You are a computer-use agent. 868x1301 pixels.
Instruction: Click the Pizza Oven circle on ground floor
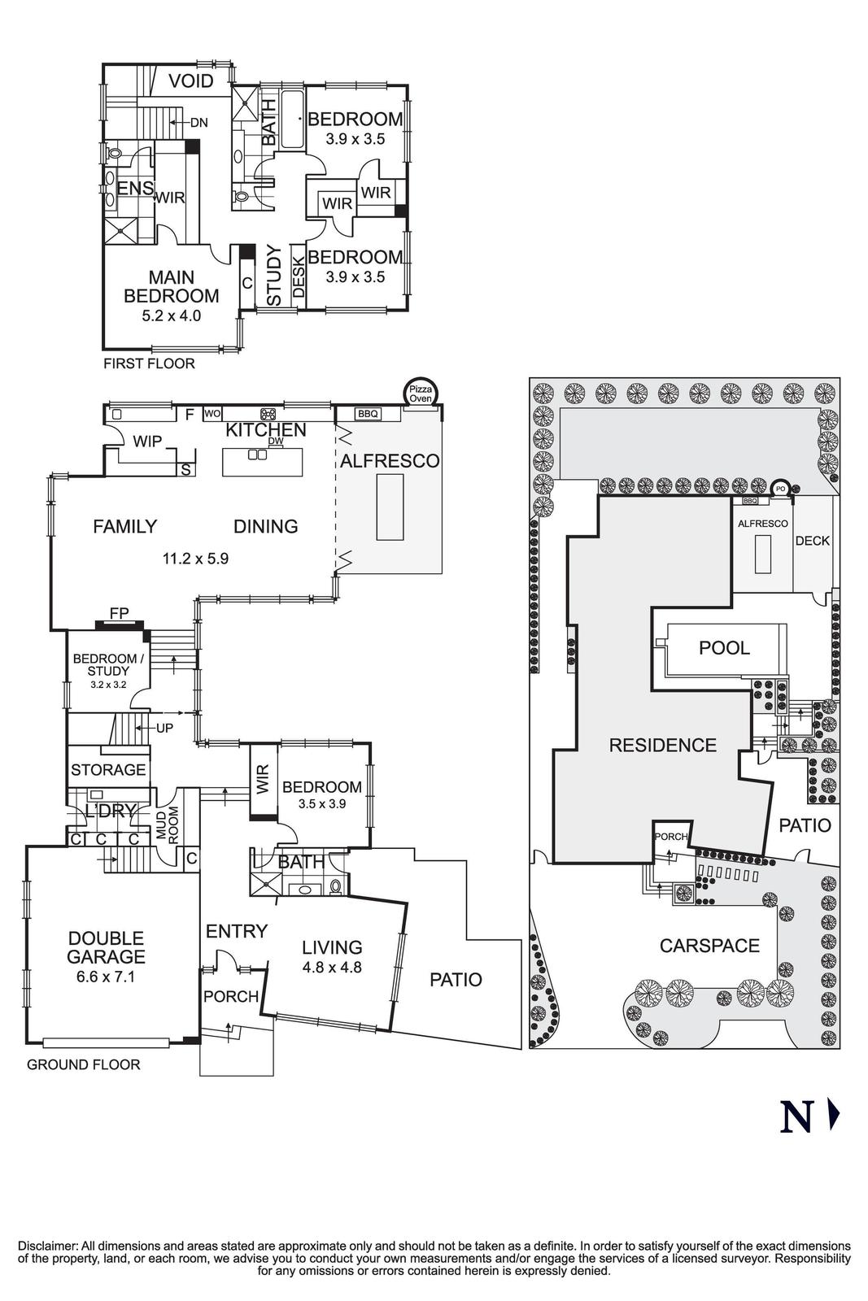point(421,394)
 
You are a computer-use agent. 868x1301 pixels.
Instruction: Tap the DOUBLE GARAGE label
point(106,947)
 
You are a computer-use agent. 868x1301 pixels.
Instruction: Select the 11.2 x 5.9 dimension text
point(195,559)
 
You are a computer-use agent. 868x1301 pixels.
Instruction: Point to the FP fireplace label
point(119,614)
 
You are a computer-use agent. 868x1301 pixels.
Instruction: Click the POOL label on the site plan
point(724,648)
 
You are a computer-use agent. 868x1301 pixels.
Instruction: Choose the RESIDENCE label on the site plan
point(662,745)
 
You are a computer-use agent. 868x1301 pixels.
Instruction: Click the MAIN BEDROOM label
point(171,287)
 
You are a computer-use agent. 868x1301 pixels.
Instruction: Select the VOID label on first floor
point(191,80)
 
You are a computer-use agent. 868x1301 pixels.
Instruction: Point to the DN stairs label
point(198,123)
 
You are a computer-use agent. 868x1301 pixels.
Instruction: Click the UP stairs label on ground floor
point(164,728)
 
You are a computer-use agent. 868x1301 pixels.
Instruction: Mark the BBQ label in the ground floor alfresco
point(368,414)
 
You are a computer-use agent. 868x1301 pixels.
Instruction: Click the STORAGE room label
point(108,769)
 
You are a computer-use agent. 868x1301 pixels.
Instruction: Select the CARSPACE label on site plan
point(709,945)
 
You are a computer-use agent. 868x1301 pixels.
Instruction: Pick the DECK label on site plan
point(812,541)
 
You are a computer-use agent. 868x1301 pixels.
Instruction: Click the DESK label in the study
point(298,276)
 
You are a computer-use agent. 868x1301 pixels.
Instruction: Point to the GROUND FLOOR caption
point(83,1064)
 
